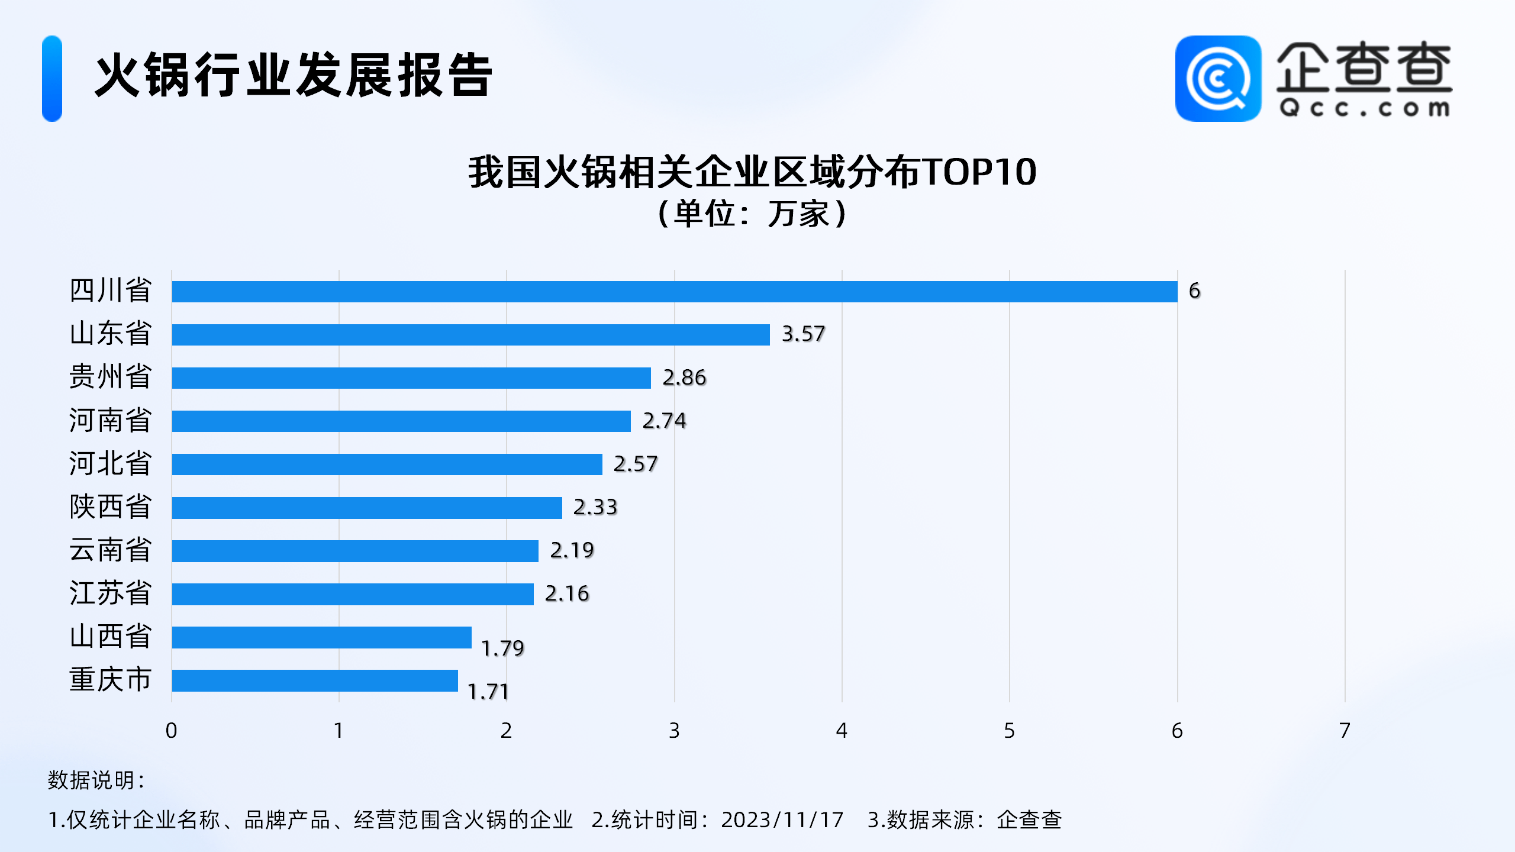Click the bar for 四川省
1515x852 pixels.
675,292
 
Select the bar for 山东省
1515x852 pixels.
470,335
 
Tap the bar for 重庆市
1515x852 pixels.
315,680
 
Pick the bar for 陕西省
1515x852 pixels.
367,508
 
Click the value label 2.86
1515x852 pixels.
684,377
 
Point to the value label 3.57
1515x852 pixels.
803,334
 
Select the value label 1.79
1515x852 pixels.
502,648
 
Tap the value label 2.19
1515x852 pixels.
572,550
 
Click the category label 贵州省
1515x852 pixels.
110,377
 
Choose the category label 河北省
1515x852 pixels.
110,463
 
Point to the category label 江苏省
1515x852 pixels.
110,593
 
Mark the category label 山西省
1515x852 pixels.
110,637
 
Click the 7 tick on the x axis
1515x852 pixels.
1345,731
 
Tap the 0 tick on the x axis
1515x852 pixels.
171,731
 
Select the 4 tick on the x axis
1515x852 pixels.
842,731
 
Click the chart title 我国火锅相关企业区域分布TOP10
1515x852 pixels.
752,172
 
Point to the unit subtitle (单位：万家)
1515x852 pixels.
752,214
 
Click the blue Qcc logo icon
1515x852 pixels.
1218,79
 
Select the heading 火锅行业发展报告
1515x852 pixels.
294,75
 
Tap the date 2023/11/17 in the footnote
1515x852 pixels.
782,820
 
